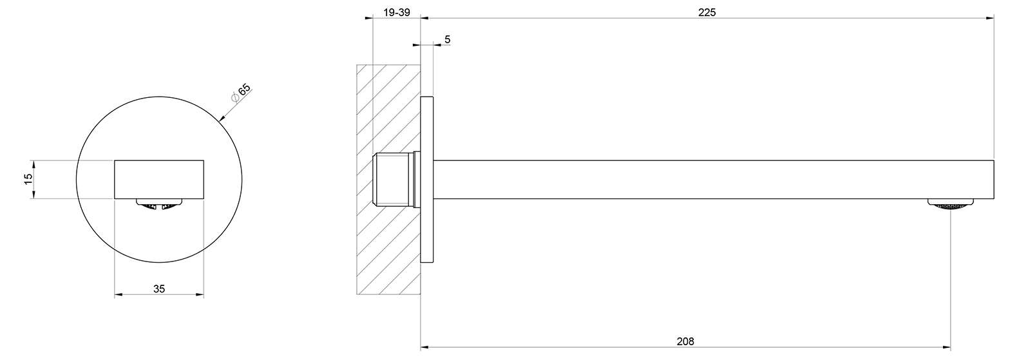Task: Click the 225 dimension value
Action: pyautogui.click(x=707, y=12)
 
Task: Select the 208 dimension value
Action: pyautogui.click(x=685, y=341)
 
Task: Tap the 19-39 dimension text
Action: pyautogui.click(x=397, y=12)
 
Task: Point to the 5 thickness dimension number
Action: pyautogui.click(x=447, y=39)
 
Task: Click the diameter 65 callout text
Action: pyautogui.click(x=241, y=92)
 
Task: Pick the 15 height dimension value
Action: pyautogui.click(x=28, y=179)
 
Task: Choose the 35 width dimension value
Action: pyautogui.click(x=159, y=289)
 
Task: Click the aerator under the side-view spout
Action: pyautogui.click(x=950, y=204)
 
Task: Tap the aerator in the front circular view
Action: pyautogui.click(x=159, y=204)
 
